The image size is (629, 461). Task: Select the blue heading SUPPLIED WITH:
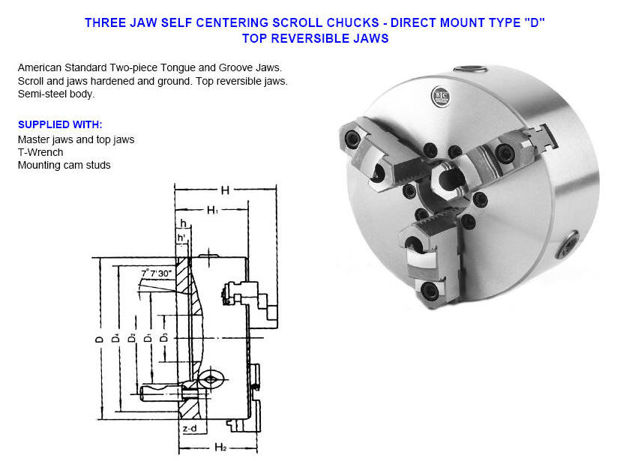click(x=60, y=124)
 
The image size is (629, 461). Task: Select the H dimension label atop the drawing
click(x=224, y=190)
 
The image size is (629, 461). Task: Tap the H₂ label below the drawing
click(x=220, y=448)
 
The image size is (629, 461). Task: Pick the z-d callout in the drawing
click(x=190, y=429)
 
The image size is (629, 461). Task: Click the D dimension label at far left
click(x=99, y=339)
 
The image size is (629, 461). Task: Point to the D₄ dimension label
click(x=115, y=339)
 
